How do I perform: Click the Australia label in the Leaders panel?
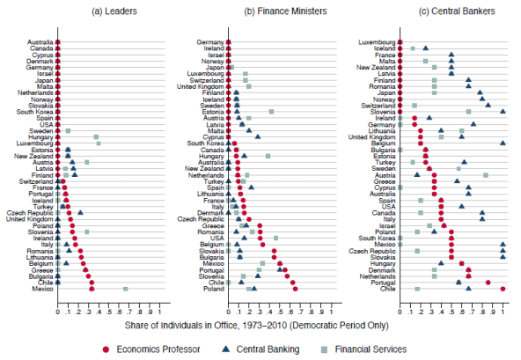[39, 41]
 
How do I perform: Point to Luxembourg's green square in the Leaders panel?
[99, 143]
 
